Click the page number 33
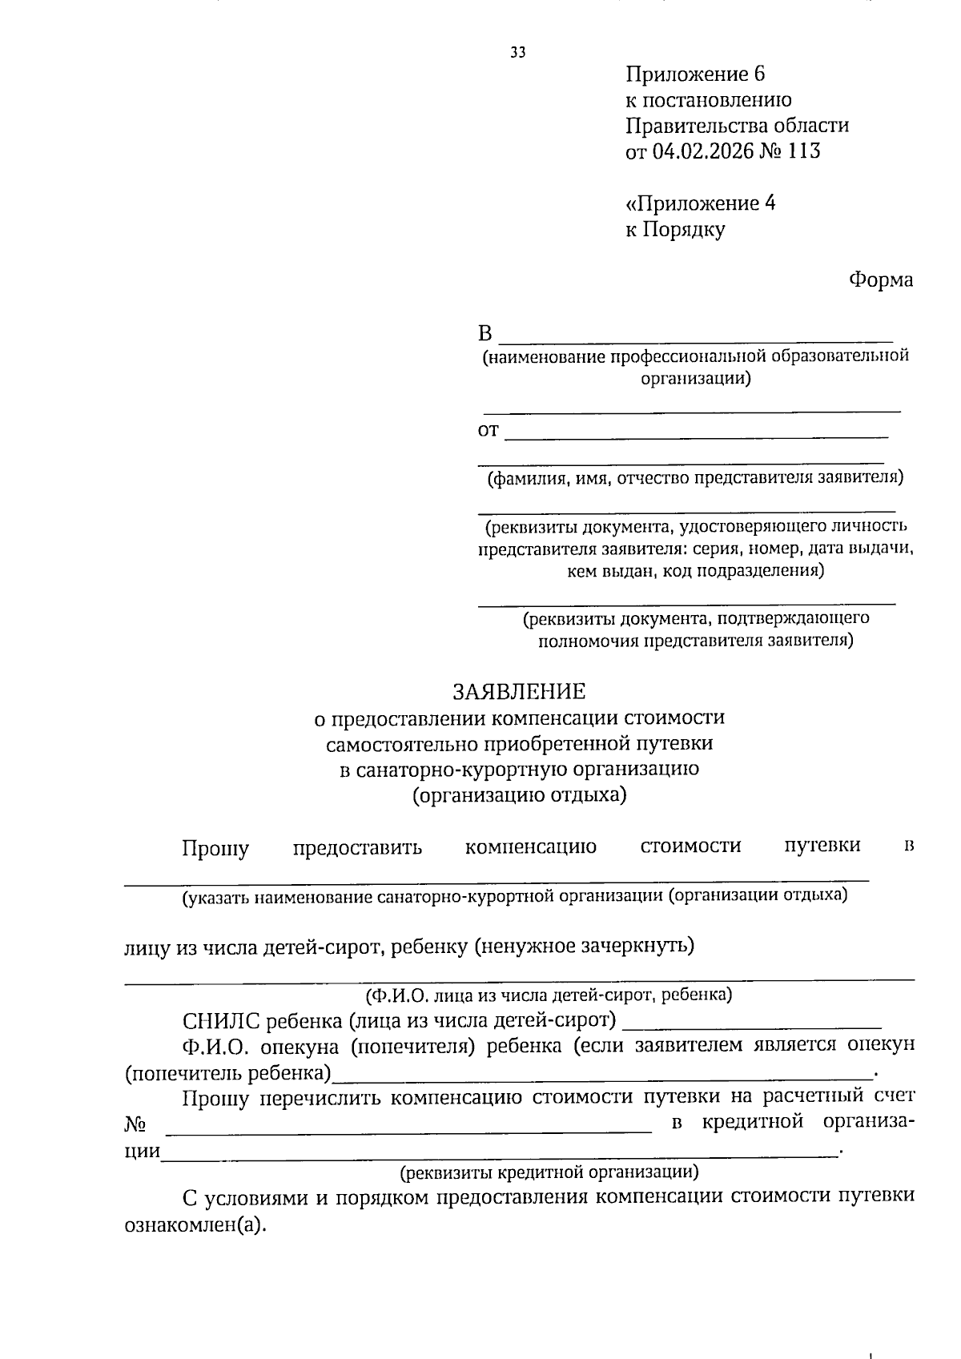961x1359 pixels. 518,53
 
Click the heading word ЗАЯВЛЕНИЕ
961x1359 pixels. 519,690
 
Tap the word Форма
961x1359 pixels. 880,279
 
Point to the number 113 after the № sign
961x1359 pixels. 804,151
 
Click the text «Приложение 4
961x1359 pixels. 700,203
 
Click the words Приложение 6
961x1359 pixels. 695,74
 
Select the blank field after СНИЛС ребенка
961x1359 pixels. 751,1025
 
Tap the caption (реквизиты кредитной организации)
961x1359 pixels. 549,1172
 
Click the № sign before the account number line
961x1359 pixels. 135,1124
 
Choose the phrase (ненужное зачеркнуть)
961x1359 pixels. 584,946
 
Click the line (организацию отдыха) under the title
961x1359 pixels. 519,795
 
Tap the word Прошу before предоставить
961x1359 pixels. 215,848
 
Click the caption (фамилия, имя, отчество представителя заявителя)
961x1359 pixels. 695,478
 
